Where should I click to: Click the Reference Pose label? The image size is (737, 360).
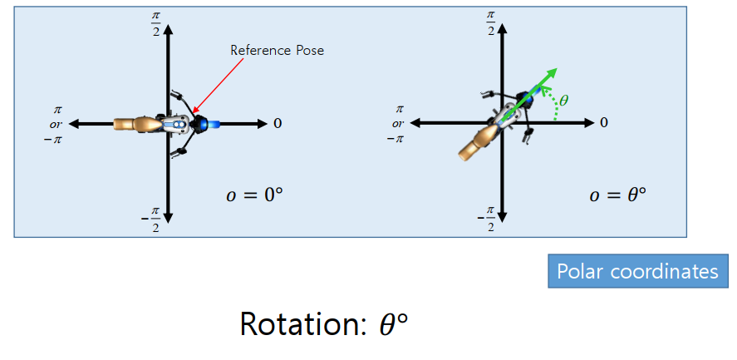tap(277, 51)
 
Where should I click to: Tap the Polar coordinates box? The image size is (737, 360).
tap(637, 272)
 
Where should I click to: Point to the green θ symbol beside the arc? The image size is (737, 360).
tap(564, 101)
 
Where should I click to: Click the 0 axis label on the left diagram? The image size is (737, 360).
tap(278, 123)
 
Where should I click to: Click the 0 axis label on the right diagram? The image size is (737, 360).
tap(603, 123)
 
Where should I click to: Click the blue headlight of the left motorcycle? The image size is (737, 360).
tap(213, 124)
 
